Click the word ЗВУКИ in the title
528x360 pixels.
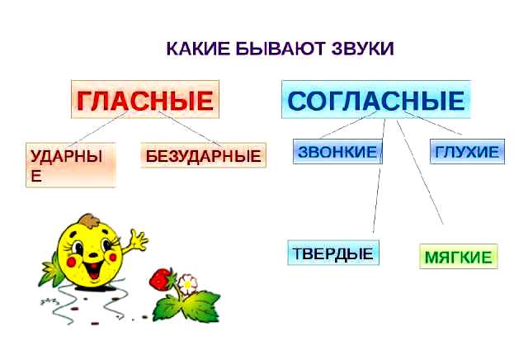[362, 49]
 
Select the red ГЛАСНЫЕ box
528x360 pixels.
[145, 99]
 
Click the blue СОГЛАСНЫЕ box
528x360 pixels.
[376, 99]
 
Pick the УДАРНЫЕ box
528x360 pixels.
[71, 165]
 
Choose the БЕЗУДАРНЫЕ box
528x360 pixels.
[204, 155]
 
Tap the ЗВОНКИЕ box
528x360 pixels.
[337, 151]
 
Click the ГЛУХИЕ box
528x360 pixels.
[467, 151]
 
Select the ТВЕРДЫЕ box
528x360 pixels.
[333, 253]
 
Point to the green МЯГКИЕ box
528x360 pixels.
[459, 257]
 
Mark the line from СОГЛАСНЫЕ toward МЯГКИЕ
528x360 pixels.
[420, 173]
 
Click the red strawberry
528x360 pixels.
[161, 279]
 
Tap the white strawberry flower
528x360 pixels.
[187, 285]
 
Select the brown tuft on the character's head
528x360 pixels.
[89, 220]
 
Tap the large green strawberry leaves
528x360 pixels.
[186, 306]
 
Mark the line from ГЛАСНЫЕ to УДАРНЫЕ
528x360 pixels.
[98, 129]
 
